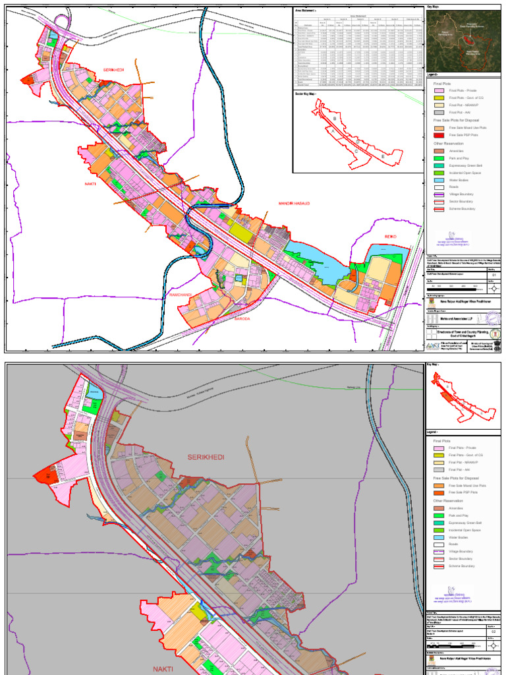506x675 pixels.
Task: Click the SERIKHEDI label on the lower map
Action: click(x=206, y=457)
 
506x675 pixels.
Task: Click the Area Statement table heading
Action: click(x=307, y=11)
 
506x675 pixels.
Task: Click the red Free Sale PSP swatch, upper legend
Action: click(x=439, y=134)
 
